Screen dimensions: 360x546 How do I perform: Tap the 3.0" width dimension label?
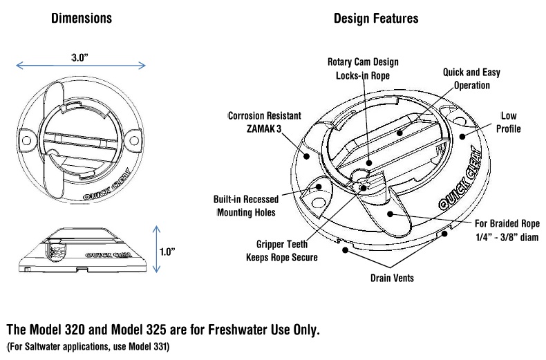pyautogui.click(x=80, y=57)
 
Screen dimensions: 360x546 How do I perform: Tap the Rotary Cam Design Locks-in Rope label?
pyautogui.click(x=363, y=68)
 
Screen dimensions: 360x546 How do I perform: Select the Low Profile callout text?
pyautogui.click(x=507, y=122)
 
